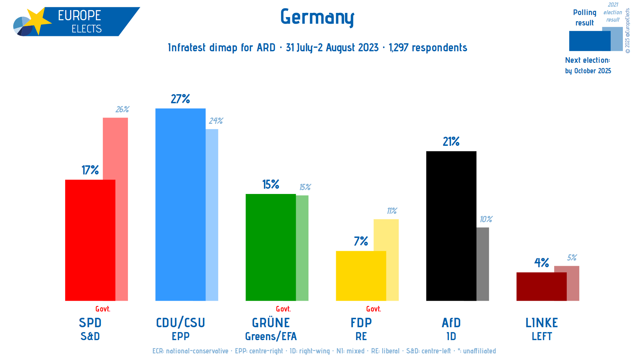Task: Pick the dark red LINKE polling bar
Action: (541, 286)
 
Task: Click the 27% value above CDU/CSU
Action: (180, 99)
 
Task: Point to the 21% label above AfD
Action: (451, 142)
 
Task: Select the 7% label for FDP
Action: (361, 241)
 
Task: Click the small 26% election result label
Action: (122, 110)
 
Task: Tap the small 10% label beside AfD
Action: (486, 219)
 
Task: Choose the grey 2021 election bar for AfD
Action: (483, 264)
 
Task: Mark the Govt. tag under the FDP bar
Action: (373, 309)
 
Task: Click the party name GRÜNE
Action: (271, 323)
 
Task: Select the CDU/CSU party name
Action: (180, 323)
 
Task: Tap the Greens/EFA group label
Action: (271, 337)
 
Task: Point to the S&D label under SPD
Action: (90, 337)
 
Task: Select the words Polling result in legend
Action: (584, 18)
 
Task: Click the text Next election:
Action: (587, 60)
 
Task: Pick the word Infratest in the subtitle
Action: (187, 48)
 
